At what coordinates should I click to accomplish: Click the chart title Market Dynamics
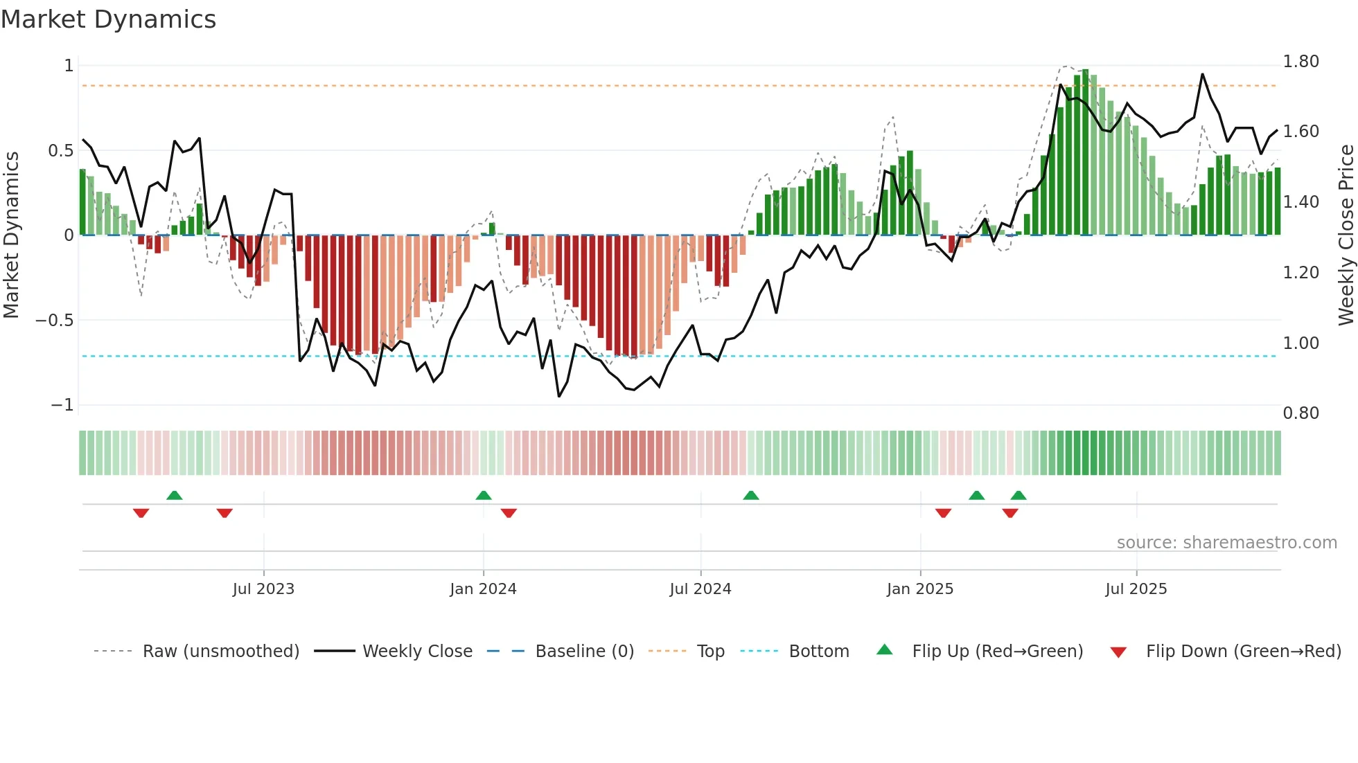coord(108,19)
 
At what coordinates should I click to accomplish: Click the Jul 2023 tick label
coord(263,589)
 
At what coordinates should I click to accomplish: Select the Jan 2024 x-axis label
coord(483,589)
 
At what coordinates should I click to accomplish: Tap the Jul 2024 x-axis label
coord(700,589)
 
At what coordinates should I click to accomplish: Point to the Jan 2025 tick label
coord(919,589)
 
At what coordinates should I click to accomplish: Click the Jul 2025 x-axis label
coord(1136,589)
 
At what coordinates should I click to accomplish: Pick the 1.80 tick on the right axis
coord(1300,62)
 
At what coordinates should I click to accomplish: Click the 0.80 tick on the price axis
coord(1300,413)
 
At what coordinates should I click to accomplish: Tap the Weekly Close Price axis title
coord(1346,235)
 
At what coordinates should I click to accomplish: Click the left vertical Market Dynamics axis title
coord(11,235)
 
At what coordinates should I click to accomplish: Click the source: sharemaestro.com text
coord(1226,543)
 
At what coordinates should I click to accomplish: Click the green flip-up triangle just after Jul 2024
coord(750,495)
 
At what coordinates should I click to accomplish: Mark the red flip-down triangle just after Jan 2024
coord(509,513)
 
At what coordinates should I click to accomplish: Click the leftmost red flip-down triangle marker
coord(141,513)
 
